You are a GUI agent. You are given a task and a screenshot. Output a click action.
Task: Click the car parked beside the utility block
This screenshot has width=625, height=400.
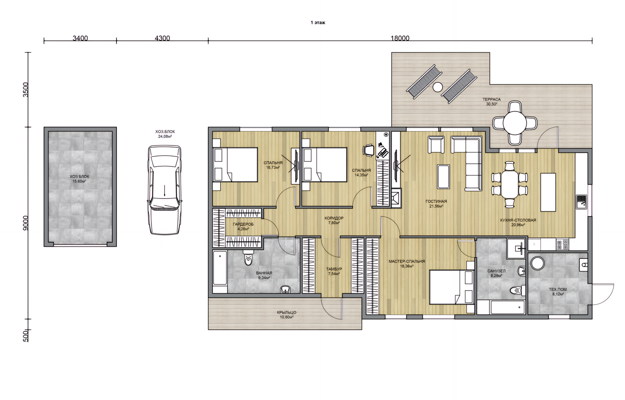[165, 190]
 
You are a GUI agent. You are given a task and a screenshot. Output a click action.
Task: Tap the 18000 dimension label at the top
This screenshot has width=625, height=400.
[400, 38]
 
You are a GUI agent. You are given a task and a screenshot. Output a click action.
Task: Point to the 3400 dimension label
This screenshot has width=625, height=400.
[80, 38]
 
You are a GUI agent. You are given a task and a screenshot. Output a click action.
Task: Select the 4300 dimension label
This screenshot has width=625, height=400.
[162, 38]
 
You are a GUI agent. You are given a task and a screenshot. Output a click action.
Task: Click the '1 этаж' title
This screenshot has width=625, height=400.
[318, 22]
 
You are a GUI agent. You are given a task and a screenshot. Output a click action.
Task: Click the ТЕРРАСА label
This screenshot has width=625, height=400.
[492, 99]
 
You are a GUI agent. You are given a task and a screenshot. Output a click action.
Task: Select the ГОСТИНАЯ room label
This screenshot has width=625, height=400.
[436, 201]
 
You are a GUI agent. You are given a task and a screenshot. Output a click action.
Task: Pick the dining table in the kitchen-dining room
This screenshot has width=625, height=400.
[510, 185]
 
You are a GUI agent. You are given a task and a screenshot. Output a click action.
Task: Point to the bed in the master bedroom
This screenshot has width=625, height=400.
[451, 287]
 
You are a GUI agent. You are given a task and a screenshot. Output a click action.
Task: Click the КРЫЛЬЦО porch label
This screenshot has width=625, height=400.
[286, 312]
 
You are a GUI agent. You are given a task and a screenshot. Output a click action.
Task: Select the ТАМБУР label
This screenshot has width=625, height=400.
[334, 269]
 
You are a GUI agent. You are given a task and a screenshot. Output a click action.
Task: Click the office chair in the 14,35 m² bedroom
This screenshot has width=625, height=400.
[369, 150]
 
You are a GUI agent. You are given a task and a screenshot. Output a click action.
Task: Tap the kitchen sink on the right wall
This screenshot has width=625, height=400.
[581, 201]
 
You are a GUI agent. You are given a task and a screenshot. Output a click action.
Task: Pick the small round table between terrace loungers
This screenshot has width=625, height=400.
[437, 87]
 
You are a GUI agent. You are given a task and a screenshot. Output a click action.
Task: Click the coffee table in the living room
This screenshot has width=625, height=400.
[443, 177]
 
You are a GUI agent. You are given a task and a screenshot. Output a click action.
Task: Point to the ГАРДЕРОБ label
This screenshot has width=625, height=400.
[243, 224]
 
